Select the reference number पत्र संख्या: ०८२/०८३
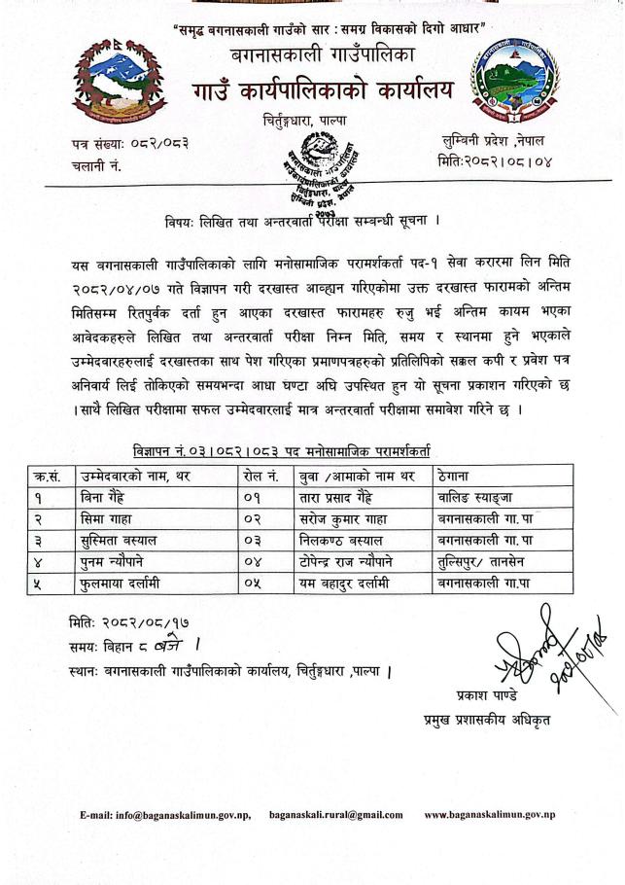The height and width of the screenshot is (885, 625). point(129,144)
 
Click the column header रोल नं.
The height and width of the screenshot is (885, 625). point(260,477)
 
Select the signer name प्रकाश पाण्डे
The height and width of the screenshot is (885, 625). point(486,696)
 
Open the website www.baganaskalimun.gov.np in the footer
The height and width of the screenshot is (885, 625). point(490,815)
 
